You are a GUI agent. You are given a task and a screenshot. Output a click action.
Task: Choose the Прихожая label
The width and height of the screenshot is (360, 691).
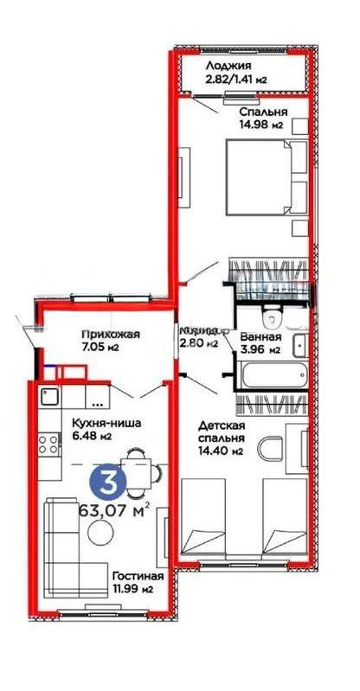pyautogui.click(x=106, y=335)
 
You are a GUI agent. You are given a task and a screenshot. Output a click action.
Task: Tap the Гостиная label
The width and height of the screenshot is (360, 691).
pyautogui.click(x=132, y=576)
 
